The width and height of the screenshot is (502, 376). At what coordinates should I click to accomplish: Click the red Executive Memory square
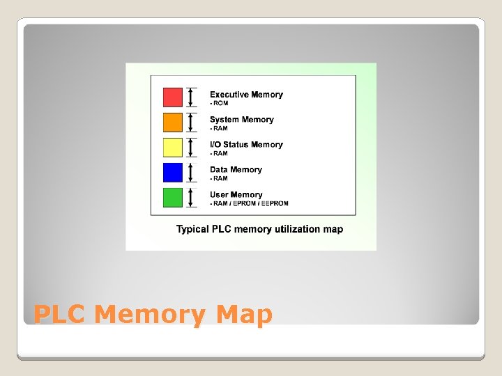tap(172, 97)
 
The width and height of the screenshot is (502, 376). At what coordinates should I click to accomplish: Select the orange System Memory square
tap(172, 122)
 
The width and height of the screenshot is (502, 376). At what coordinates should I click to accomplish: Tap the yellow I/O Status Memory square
tap(172, 147)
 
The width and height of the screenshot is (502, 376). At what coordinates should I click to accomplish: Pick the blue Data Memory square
tap(172, 172)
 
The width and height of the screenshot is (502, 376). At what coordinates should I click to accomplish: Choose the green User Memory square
tap(172, 197)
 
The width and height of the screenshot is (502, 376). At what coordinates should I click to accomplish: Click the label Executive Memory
tap(246, 95)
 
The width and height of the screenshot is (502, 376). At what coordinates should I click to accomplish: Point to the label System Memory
tap(241, 120)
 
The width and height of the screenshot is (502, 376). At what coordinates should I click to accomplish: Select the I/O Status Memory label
tap(246, 145)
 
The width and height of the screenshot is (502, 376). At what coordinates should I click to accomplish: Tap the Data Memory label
tap(236, 170)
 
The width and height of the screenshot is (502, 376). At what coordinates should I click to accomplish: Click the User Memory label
tap(236, 195)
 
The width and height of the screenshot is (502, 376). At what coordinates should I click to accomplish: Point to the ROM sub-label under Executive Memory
tap(219, 103)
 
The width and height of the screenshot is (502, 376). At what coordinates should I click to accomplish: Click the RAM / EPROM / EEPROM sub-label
tap(249, 203)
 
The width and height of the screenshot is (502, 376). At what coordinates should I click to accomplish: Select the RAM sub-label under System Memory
tap(219, 128)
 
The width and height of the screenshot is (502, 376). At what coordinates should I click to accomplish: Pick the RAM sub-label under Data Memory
tap(219, 178)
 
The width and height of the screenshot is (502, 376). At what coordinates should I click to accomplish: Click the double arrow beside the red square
tap(192, 97)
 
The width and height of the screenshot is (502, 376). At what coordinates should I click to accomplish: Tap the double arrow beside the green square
tap(192, 197)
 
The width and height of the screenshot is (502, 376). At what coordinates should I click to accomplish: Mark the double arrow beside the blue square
tap(192, 172)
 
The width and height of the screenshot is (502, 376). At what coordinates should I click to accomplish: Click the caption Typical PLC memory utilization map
tap(259, 229)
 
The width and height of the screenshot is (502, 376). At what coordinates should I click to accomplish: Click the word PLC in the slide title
tap(59, 315)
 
